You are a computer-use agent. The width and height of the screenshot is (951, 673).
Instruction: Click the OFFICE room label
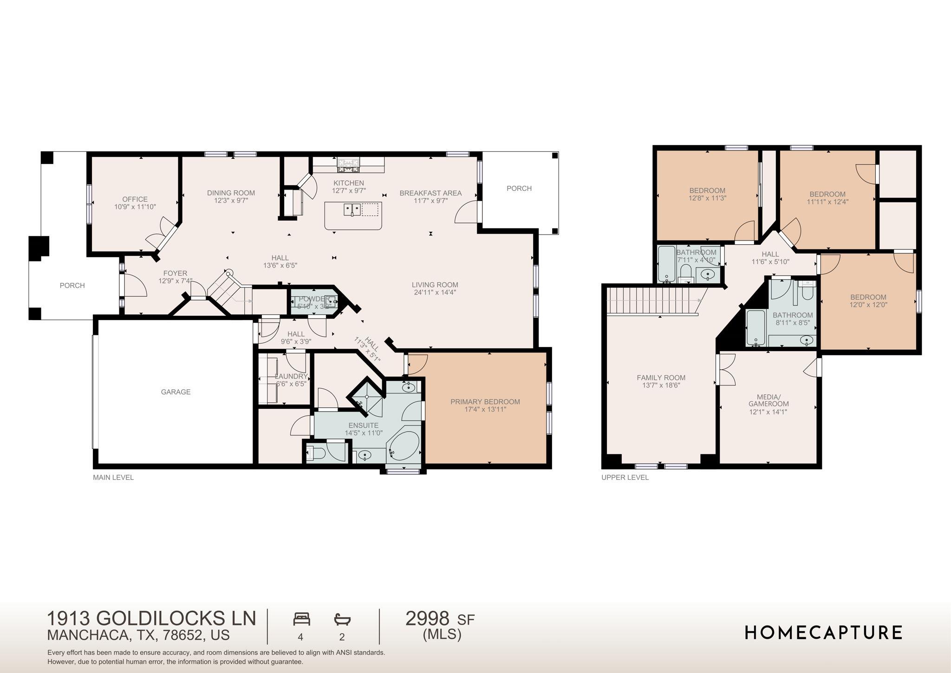click(135, 199)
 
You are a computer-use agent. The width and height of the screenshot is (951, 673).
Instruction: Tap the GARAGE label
click(176, 392)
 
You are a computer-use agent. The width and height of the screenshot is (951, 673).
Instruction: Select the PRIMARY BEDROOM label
click(485, 402)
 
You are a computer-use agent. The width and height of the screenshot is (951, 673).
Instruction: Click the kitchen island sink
click(352, 209)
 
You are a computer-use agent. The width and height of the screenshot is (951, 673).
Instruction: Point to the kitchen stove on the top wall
click(348, 163)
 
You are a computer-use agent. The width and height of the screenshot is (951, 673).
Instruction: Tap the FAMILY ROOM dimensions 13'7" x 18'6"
click(661, 386)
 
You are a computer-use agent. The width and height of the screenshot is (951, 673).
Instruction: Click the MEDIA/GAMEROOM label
click(768, 400)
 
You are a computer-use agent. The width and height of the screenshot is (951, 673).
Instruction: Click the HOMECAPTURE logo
click(823, 633)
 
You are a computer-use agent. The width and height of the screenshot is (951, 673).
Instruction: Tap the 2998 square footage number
click(427, 619)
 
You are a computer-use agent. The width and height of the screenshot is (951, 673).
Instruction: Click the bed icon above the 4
click(301, 619)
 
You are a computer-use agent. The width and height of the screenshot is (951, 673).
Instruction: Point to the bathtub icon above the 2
click(342, 619)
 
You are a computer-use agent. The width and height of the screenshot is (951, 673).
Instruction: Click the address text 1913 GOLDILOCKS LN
click(151, 619)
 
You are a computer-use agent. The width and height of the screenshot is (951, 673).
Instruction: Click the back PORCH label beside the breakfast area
click(519, 189)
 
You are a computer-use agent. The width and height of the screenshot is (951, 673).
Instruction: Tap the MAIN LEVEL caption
click(113, 477)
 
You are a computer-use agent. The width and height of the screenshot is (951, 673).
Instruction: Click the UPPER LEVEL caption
click(625, 477)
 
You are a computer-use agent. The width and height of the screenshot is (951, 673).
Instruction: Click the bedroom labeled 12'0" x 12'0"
click(868, 301)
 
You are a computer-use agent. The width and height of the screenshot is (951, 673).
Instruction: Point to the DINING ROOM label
click(231, 193)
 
